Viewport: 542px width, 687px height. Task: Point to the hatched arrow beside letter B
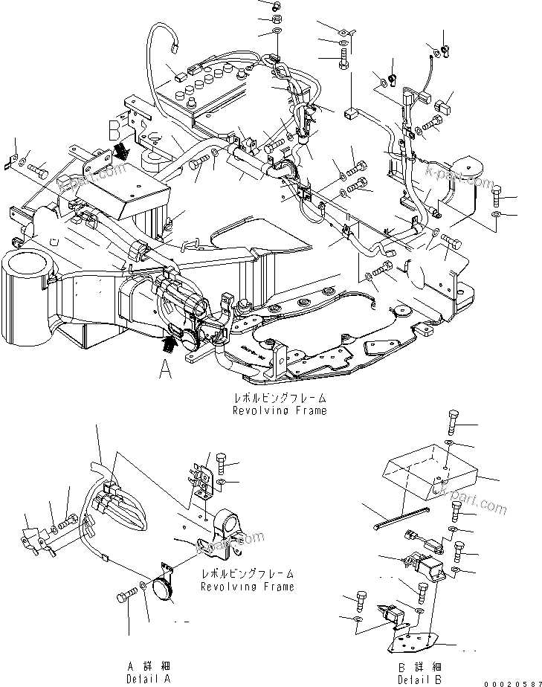pos(121,152)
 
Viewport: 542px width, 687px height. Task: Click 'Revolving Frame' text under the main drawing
pos(279,405)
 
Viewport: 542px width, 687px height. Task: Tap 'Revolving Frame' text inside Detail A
pos(247,581)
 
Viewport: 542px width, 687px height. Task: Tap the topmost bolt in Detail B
pos(453,422)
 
